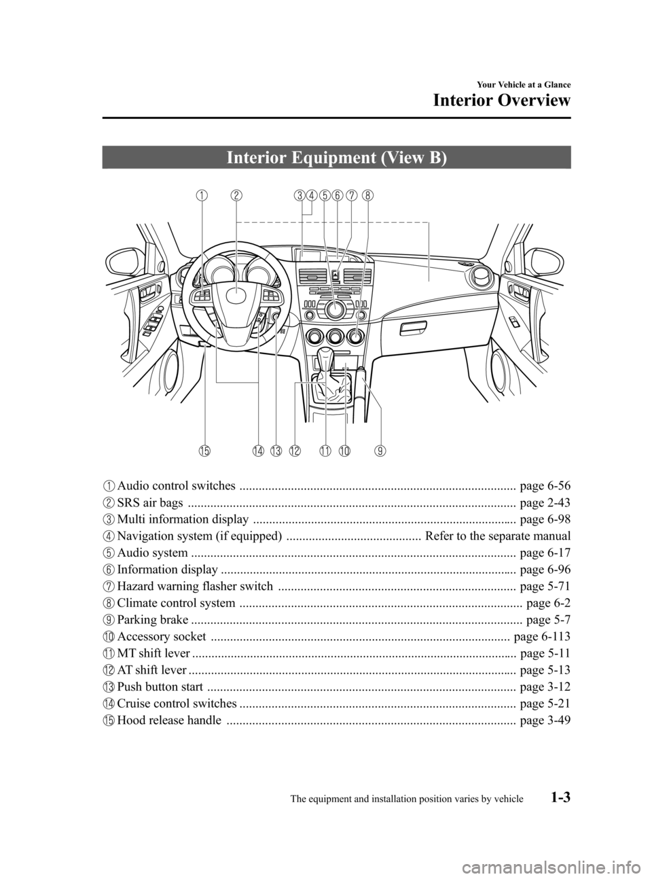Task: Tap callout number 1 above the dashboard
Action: coord(202,196)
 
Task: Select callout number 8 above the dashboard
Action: coord(367,196)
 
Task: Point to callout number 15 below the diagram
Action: coord(205,450)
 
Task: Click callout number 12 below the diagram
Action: coord(294,450)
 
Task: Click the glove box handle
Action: coord(413,330)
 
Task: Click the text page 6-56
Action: coord(544,485)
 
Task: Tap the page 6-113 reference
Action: coord(542,637)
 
